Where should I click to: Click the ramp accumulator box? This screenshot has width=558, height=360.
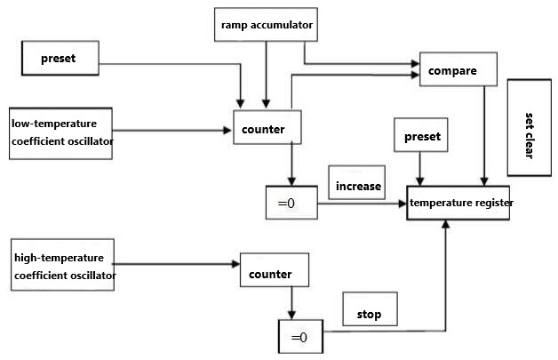point(266,25)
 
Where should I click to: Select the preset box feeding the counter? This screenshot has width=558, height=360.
point(59,59)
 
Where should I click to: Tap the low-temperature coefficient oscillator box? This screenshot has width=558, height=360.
point(61,132)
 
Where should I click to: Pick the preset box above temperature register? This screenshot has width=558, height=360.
point(421,138)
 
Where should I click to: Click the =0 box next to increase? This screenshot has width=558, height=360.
point(290,204)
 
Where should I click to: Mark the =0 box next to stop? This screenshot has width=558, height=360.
point(299,338)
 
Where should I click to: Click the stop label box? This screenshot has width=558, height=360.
point(370,313)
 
